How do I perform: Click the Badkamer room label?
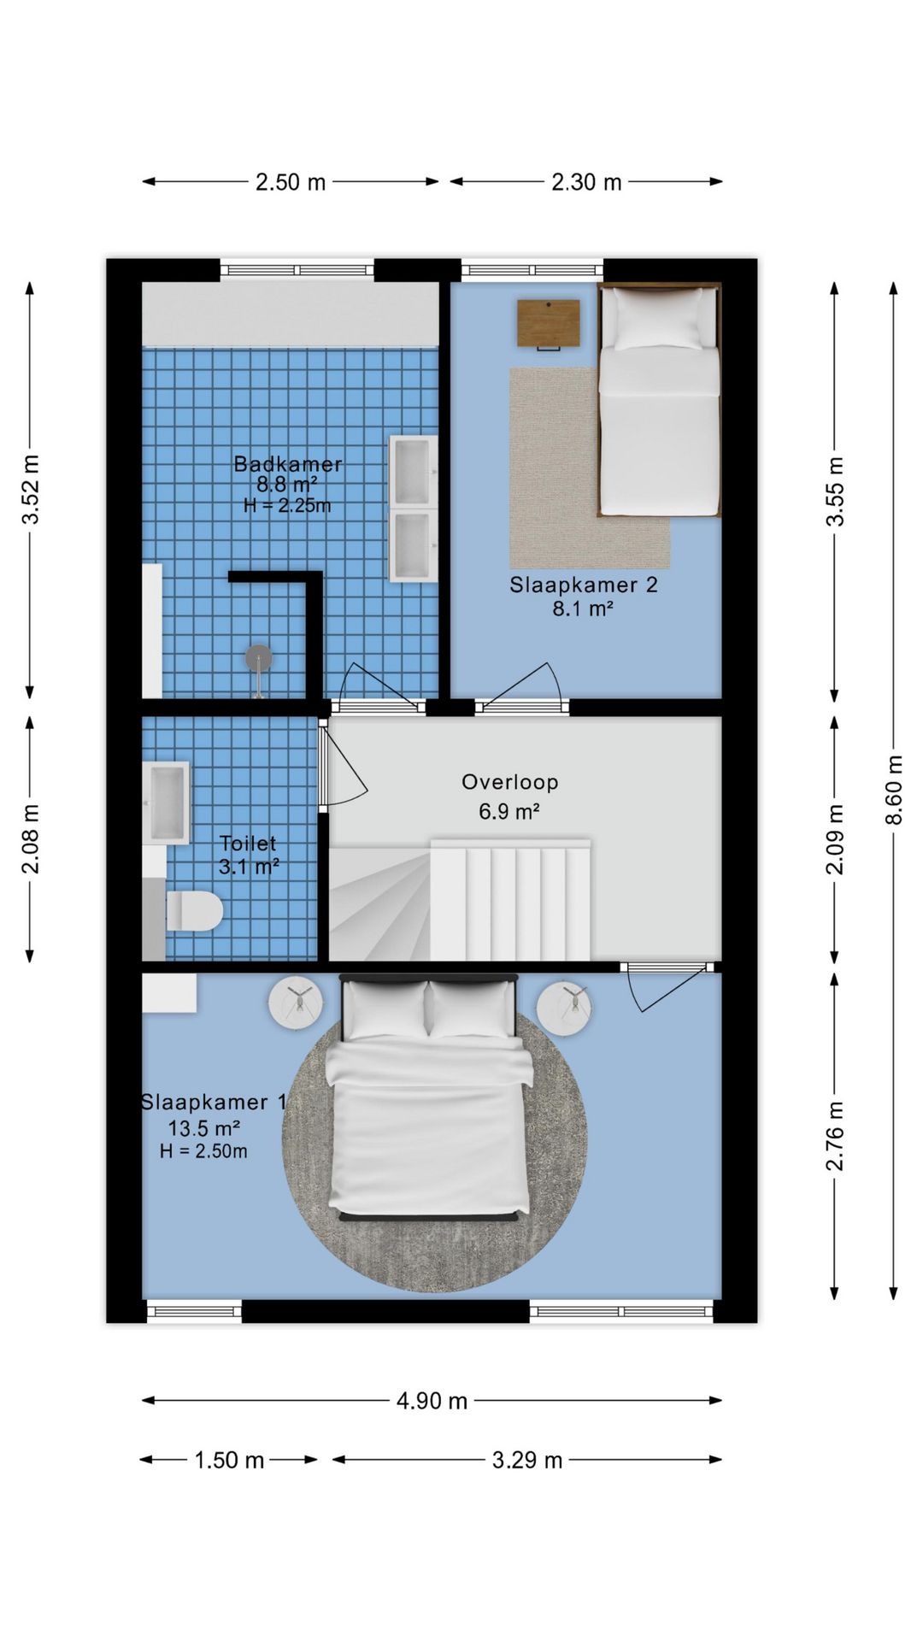pos(288,464)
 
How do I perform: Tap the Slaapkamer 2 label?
pos(584,585)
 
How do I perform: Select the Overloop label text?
pos(510,782)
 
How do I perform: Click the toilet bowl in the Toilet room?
pos(195,911)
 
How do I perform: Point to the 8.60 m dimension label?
pos(894,790)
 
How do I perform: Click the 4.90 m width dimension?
pos(432,1401)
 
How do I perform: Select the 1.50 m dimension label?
pos(229,1460)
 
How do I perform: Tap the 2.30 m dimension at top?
pos(586,182)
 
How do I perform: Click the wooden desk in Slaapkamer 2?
pos(549,324)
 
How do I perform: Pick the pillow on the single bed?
pos(657,318)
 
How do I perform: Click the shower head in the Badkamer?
pos(259,658)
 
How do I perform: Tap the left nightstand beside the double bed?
pos(296,1003)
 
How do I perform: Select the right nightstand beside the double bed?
pos(565,1009)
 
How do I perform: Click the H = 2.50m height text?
pos(203,1151)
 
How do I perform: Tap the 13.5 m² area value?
pos(203,1127)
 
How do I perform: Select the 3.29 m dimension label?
pos(527,1460)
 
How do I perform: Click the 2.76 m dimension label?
pos(835,1136)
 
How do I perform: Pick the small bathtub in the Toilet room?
pos(166,803)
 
